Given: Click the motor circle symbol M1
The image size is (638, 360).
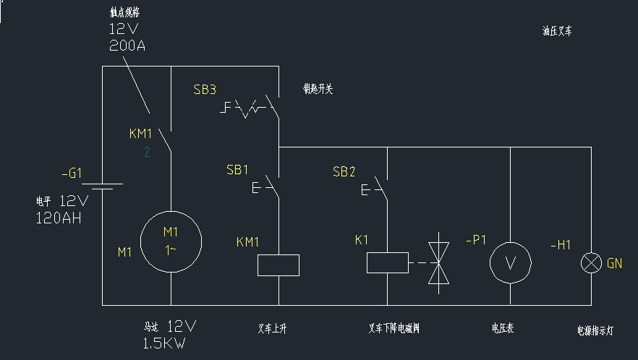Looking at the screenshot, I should coord(171,241).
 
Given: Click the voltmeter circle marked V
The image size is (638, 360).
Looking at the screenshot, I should coord(511,263).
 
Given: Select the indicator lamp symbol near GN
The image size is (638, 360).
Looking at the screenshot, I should coord(592,264).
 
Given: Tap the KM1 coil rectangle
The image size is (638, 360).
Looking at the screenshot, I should coord(278,265).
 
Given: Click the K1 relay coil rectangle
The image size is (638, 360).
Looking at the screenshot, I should coord(387,262).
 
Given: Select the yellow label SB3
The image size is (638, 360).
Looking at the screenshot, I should coord(205,90).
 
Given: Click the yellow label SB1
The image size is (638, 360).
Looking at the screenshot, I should coord(237,170).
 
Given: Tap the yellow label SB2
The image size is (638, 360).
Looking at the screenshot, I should coord(344,171).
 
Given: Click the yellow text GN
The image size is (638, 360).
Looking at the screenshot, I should coord(614,264).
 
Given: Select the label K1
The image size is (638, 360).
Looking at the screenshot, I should coord(362,239).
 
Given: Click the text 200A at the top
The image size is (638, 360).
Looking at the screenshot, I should coord(127,45).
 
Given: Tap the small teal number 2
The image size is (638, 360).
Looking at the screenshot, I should coord(146,152).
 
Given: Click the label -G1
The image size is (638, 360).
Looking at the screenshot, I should coord(72,173).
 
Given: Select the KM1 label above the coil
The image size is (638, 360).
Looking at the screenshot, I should coord(247,242).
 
